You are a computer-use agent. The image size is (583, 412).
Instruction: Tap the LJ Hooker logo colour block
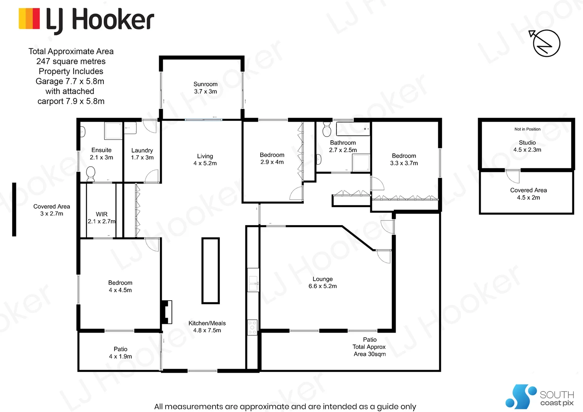[x=29, y=19]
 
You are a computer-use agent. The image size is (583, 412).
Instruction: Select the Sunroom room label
[x=205, y=84]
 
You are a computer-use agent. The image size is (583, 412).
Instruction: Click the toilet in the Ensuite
[x=90, y=174]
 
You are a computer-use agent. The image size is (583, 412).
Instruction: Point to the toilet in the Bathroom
[x=327, y=130]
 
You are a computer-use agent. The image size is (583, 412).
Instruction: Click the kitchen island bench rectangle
[x=210, y=270]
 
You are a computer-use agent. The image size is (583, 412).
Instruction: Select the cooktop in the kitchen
[x=252, y=327]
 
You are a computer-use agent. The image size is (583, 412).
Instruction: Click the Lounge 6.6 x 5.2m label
[x=322, y=283]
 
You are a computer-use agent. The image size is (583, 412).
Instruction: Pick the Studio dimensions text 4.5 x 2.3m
[x=527, y=150]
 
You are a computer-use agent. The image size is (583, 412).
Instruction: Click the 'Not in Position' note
[x=527, y=129]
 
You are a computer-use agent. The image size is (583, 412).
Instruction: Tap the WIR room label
[x=101, y=214]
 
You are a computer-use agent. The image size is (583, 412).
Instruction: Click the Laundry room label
[x=142, y=151]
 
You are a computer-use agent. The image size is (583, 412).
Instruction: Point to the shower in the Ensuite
[x=113, y=130]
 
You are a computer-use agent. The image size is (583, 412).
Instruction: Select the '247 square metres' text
[x=71, y=61]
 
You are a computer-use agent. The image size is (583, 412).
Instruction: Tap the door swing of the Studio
[x=512, y=176]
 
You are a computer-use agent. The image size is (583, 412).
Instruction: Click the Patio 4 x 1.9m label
[x=120, y=353]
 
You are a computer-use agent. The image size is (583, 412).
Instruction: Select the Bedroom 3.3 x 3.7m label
[x=404, y=159]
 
